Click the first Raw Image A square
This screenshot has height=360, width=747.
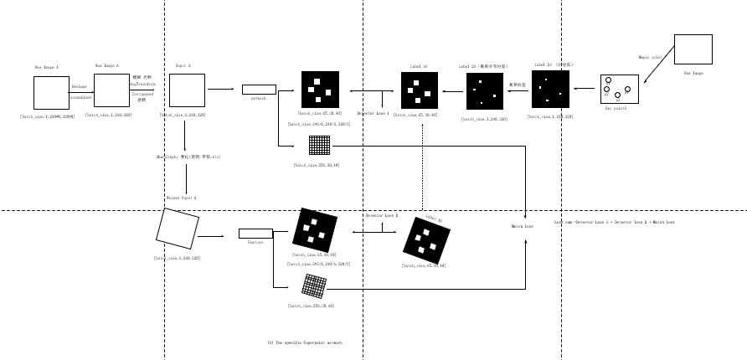[51, 93]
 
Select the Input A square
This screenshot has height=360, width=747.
[187, 90]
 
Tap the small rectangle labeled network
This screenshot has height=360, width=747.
[259, 90]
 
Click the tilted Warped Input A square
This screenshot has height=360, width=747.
[178, 229]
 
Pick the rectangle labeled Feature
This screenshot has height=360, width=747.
[255, 234]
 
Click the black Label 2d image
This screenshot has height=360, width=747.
[419, 90]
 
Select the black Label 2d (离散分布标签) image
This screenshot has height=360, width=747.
[485, 91]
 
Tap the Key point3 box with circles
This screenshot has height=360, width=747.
[619, 90]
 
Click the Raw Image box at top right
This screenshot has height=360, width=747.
[693, 49]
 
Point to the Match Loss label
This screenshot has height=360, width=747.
[523, 226]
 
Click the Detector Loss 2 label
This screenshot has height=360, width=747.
[382, 215]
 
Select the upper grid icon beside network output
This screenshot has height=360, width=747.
[319, 145]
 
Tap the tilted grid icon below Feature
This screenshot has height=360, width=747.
[314, 286]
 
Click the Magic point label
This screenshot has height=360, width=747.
[650, 57]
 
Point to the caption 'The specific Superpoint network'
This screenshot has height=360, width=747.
[305, 342]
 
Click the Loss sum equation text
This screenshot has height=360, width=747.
[614, 222]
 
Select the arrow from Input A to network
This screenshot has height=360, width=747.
[221, 89]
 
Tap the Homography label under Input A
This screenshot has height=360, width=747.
[188, 157]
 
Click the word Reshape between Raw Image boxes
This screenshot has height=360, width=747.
[80, 86]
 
